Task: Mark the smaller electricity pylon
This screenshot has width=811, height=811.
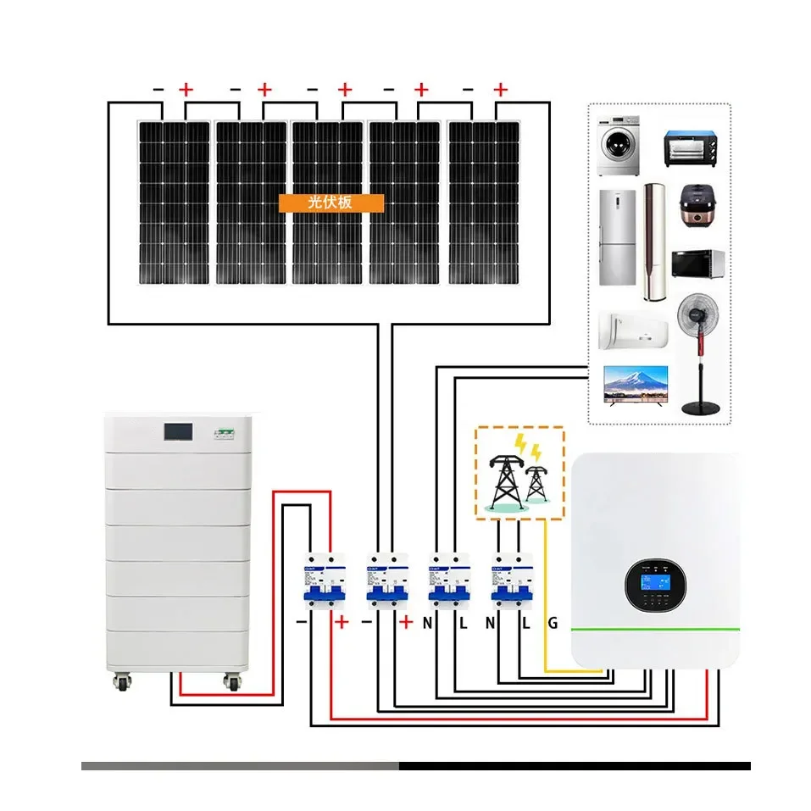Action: [x=536, y=484]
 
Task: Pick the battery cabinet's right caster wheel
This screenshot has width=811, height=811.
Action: [x=231, y=680]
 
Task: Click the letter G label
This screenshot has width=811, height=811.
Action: [x=553, y=623]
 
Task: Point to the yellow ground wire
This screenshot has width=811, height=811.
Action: [x=545, y=593]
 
